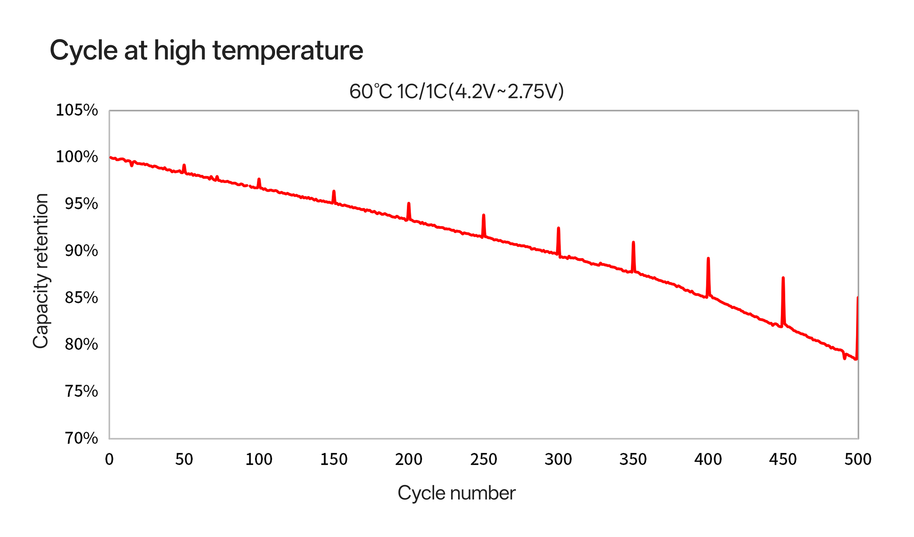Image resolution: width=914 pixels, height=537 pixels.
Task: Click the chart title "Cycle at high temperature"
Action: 206,50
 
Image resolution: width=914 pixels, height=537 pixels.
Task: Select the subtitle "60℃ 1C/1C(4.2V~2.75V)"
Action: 456,91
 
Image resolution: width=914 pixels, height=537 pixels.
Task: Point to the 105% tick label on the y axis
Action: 77,110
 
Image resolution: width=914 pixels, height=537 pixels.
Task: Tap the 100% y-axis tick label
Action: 77,157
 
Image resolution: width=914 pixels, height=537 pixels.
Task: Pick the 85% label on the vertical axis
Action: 81,298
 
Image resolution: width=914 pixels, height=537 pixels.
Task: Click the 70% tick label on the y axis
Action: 81,438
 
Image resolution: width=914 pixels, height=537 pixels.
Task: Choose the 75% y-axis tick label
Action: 81,391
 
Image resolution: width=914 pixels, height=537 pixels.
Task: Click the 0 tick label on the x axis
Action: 109,459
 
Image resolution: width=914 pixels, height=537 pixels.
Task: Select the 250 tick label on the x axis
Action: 484,459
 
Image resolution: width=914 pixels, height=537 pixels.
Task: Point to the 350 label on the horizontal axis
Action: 633,459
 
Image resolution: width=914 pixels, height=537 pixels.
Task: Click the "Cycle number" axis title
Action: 456,493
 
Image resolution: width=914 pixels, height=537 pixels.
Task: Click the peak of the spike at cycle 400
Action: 708,258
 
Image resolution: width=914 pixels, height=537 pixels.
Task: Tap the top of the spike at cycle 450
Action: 783,278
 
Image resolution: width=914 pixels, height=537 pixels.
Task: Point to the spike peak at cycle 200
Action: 409,203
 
